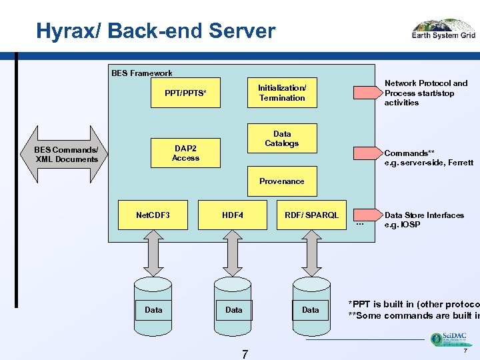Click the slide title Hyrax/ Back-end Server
(155, 31)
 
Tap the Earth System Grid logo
(443, 30)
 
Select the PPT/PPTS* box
(185, 93)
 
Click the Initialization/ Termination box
(282, 93)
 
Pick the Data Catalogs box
(282, 139)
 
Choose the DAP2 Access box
(185, 153)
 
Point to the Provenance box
(282, 181)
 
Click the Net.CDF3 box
(153, 215)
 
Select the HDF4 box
(233, 215)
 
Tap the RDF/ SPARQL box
(311, 215)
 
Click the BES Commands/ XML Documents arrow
(66, 154)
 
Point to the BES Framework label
(141, 73)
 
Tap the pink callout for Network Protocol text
(367, 93)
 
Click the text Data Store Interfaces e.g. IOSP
(424, 220)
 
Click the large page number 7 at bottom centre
(245, 353)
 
